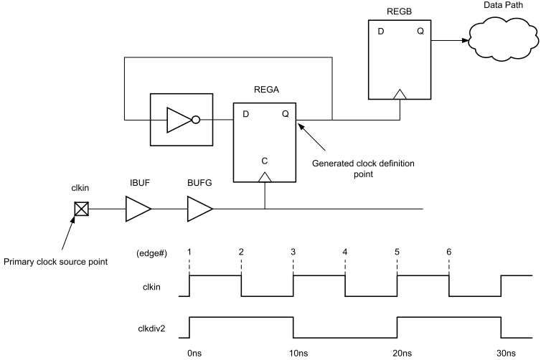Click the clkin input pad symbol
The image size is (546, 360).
82,209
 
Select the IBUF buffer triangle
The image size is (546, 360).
138,209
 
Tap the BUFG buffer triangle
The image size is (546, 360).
200,209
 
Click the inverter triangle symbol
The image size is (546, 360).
179,120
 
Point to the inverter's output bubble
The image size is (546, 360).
196,120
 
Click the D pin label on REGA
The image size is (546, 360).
246,114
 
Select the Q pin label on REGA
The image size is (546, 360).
285,114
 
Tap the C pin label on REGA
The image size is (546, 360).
265,161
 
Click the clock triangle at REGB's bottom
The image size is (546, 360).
400,95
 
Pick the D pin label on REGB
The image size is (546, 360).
380,32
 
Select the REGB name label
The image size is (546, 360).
399,11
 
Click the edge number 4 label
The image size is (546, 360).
344,252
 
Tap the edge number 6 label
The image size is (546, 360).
449,252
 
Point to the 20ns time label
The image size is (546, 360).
403,353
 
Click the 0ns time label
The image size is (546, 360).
194,353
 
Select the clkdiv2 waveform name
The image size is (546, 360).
151,328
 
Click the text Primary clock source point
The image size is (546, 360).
56,262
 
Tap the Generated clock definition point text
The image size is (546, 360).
363,169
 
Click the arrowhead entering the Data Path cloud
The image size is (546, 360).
465,40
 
